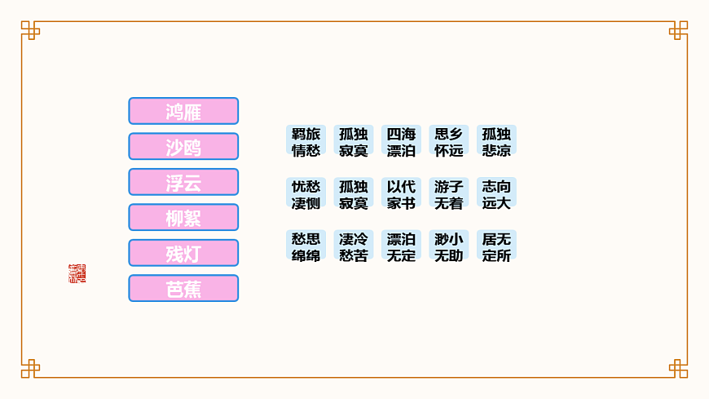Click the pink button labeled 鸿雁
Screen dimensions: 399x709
(x=183, y=111)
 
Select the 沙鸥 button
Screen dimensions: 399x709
(x=183, y=147)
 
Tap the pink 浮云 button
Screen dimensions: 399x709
(x=183, y=182)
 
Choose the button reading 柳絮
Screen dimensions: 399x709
(x=183, y=218)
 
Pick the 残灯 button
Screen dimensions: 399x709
(x=183, y=253)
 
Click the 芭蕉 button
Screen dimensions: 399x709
(x=183, y=288)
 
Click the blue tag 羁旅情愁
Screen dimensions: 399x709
(x=306, y=141)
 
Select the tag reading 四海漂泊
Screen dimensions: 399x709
(x=401, y=141)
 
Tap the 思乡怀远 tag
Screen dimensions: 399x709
(x=448, y=141)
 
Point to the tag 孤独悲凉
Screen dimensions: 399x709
(x=496, y=141)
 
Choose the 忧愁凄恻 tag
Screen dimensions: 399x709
(x=306, y=194)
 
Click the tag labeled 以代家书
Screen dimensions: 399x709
(x=401, y=194)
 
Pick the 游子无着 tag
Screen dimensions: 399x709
(x=448, y=194)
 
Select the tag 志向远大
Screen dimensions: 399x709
(x=496, y=194)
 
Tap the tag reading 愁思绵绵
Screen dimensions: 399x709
(x=306, y=246)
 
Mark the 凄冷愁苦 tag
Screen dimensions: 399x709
(x=354, y=246)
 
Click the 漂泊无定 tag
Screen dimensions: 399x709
(x=401, y=246)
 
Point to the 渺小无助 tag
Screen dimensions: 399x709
(x=448, y=246)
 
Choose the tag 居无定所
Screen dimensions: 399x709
(x=496, y=246)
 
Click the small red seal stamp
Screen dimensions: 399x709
(x=77, y=273)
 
